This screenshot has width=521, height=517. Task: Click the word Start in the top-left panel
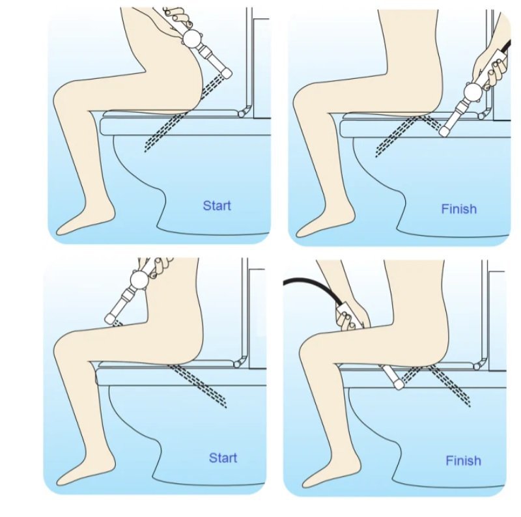(x=217, y=206)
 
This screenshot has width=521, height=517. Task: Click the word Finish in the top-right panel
(x=459, y=209)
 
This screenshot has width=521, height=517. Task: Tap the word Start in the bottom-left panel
(x=223, y=458)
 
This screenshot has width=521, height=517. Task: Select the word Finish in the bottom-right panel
(x=463, y=460)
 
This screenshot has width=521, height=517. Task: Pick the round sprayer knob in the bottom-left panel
(x=140, y=280)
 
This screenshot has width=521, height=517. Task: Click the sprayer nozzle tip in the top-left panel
(x=227, y=73)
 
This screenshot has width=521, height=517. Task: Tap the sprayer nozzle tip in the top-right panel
(x=444, y=131)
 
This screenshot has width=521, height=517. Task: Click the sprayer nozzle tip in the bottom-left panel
(x=110, y=319)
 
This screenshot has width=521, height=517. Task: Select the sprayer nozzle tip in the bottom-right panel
(x=399, y=385)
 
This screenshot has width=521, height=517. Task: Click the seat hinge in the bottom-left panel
(x=237, y=365)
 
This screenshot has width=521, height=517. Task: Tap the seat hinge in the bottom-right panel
(x=477, y=367)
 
